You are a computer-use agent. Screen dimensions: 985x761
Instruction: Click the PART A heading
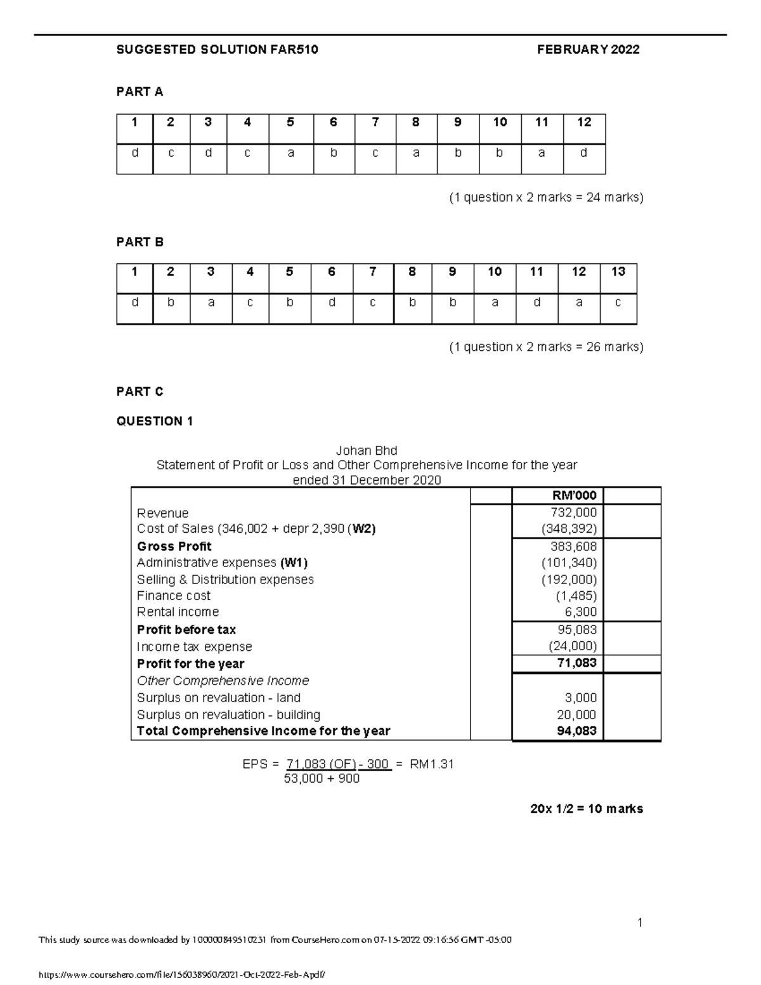pos(140,92)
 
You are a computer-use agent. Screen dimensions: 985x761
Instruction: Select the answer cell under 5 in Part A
pos(290,153)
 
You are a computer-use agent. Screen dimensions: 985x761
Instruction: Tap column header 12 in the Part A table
pos(584,122)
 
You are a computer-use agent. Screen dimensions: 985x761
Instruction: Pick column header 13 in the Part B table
pos(618,272)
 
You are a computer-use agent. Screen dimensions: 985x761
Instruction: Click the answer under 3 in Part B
pos(211,303)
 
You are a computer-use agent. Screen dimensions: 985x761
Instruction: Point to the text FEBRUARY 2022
pos(588,49)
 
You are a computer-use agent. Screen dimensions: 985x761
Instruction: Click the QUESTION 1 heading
pos(155,421)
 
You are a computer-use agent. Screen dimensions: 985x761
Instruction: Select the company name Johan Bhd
pos(367,450)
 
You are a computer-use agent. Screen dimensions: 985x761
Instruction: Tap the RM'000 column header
pos(575,496)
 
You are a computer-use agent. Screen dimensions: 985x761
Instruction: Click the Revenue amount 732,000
pos(575,512)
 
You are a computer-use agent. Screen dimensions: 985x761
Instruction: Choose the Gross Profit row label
pos(174,546)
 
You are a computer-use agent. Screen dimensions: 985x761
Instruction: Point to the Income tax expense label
pos(194,647)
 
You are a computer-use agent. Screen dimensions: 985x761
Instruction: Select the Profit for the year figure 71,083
pos(578,663)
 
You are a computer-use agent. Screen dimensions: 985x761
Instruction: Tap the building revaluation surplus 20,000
pos(576,715)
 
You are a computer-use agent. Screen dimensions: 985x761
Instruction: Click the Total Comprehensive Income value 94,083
pos(576,731)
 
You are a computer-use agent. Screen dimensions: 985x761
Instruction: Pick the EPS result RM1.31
pos(432,764)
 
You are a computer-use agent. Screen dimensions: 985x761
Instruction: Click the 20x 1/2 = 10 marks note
pos(587,809)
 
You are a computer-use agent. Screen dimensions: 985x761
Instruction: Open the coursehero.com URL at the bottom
pos(185,974)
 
